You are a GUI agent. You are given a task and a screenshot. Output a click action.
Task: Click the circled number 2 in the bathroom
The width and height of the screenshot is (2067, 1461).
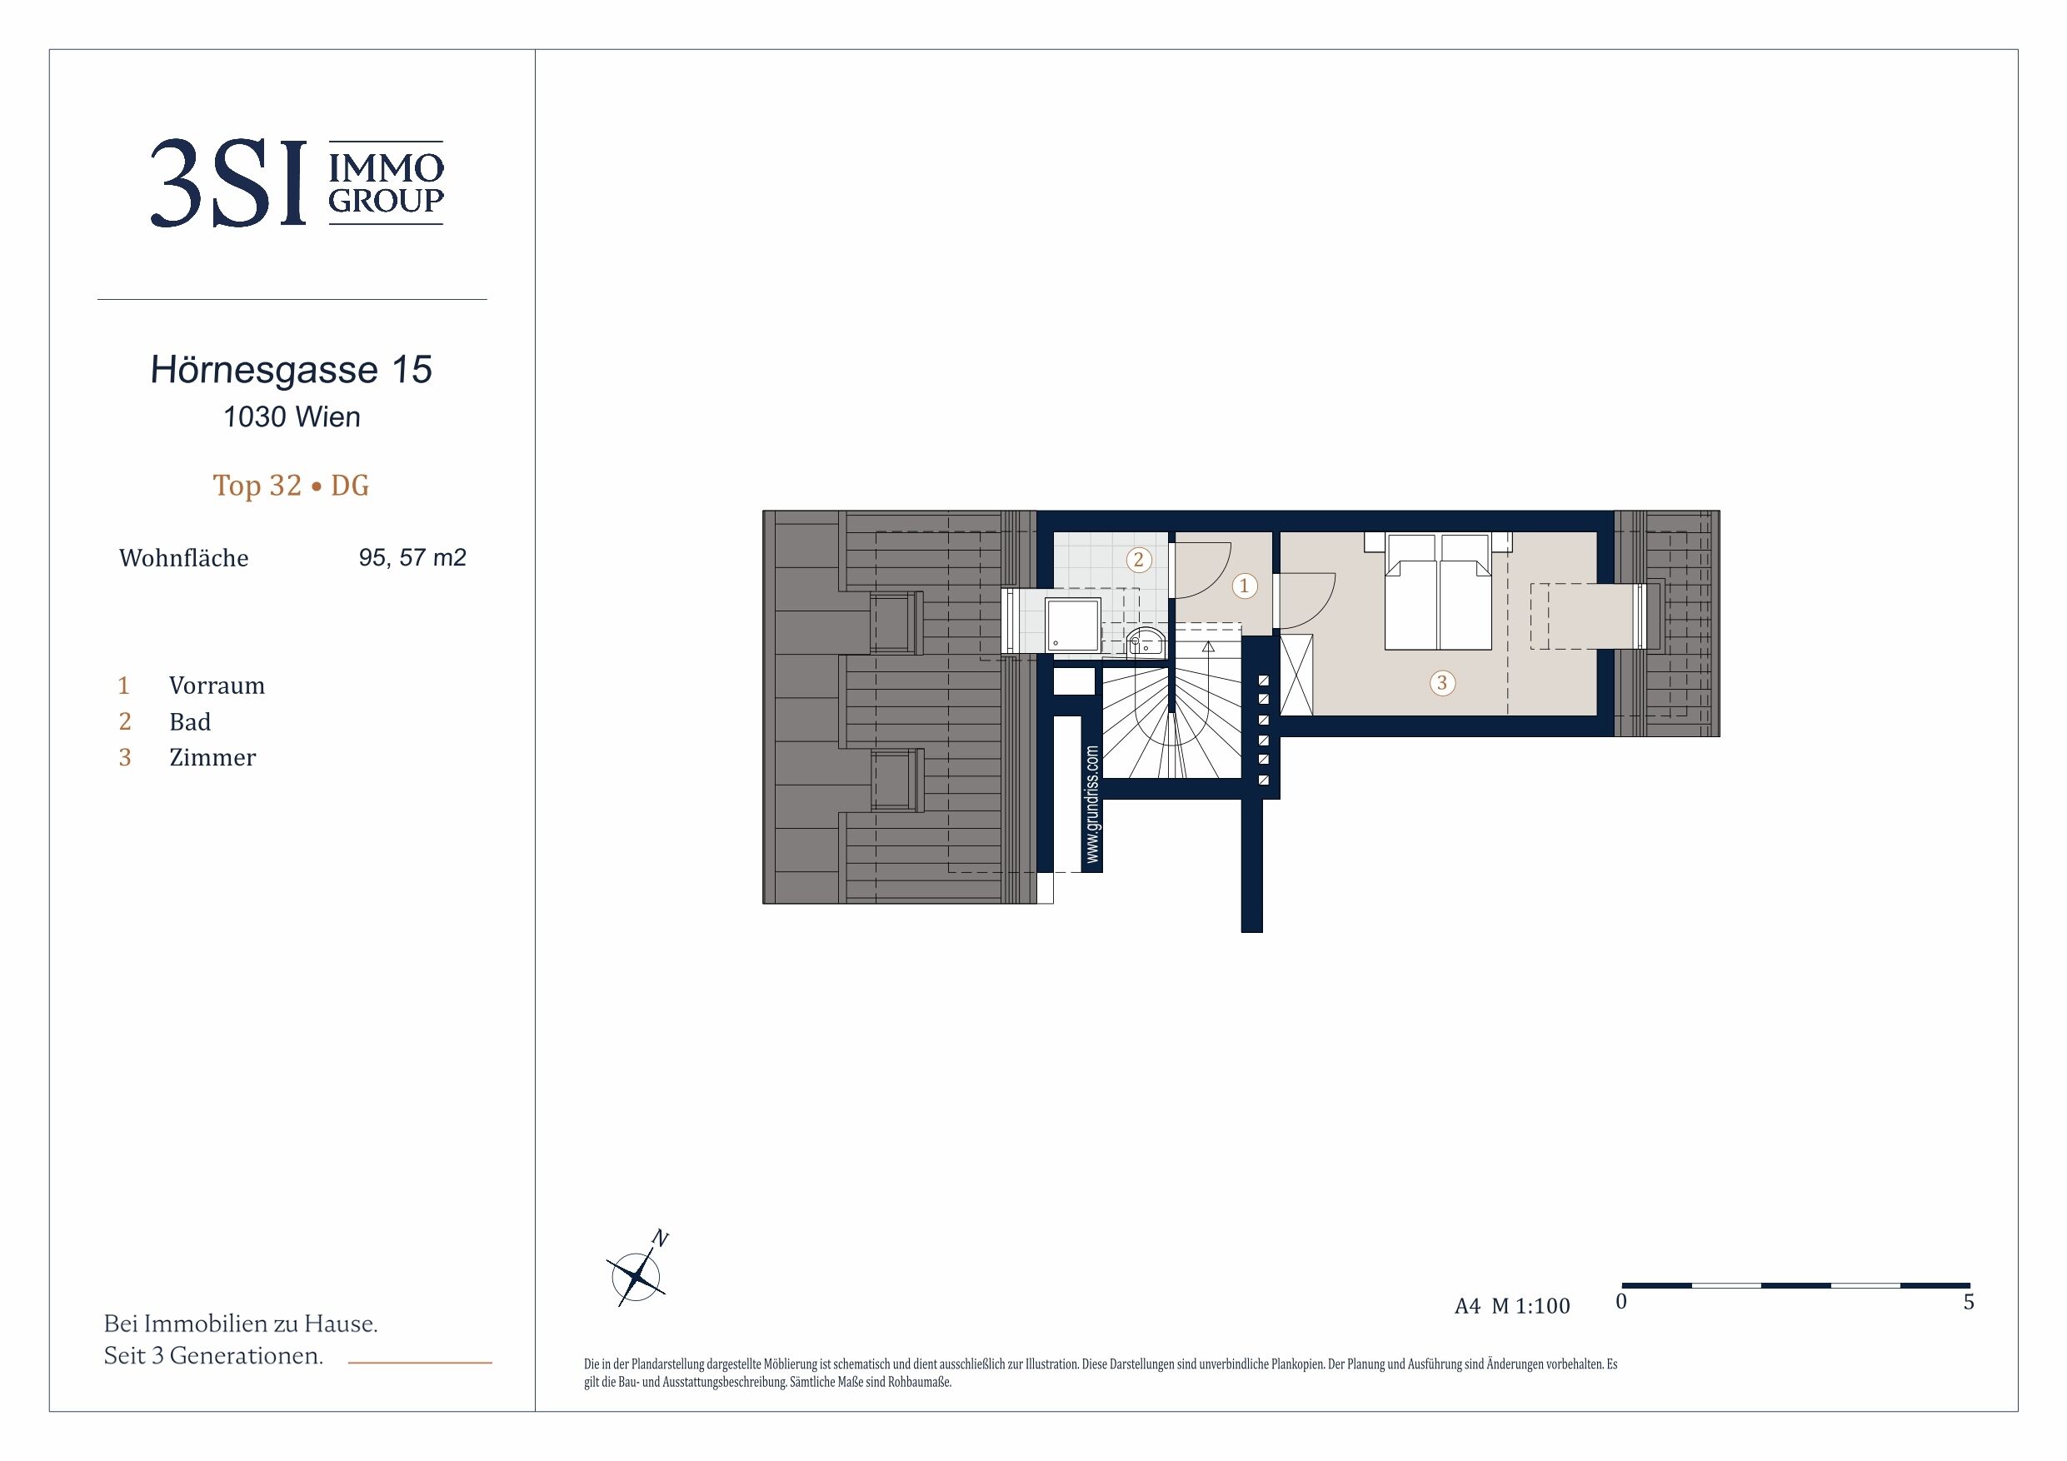click(1138, 560)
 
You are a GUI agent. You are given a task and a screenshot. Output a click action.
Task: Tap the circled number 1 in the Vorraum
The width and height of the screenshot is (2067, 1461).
click(1244, 586)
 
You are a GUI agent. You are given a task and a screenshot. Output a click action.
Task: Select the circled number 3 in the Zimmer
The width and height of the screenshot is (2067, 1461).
click(1441, 683)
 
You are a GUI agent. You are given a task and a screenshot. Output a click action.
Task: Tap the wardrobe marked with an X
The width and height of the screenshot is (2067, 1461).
click(1296, 676)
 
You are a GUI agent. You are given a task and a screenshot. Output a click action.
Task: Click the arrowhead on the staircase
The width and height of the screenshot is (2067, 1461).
click(1208, 646)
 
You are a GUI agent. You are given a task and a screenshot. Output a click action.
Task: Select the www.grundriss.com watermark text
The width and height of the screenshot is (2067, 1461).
click(1092, 805)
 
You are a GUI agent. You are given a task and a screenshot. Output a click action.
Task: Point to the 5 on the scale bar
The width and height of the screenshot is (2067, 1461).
click(1968, 1302)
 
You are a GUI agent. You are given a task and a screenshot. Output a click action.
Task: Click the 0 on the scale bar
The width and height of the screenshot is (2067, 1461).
click(1621, 1302)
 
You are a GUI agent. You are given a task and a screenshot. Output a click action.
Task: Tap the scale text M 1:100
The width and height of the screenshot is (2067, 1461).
click(1530, 1306)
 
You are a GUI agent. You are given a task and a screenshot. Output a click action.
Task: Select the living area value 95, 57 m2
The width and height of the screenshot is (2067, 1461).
click(412, 558)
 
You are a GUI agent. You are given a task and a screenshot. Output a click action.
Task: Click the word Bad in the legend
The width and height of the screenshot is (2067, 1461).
click(190, 722)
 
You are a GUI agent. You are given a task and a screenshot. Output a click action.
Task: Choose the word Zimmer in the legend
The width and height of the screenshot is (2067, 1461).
click(212, 758)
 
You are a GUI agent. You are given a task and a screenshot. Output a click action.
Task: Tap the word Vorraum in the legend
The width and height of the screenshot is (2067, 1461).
click(217, 686)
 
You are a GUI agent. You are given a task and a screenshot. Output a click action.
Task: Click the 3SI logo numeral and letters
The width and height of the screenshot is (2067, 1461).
click(227, 183)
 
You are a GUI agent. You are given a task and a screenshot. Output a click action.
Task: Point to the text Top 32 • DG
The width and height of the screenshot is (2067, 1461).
click(291, 486)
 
